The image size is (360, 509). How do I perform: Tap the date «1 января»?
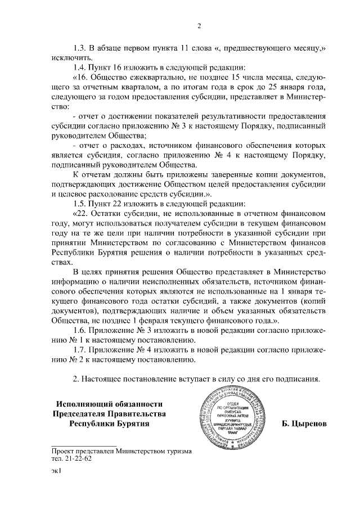pos(280,291)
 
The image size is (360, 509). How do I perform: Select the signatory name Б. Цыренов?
pos(305,423)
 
